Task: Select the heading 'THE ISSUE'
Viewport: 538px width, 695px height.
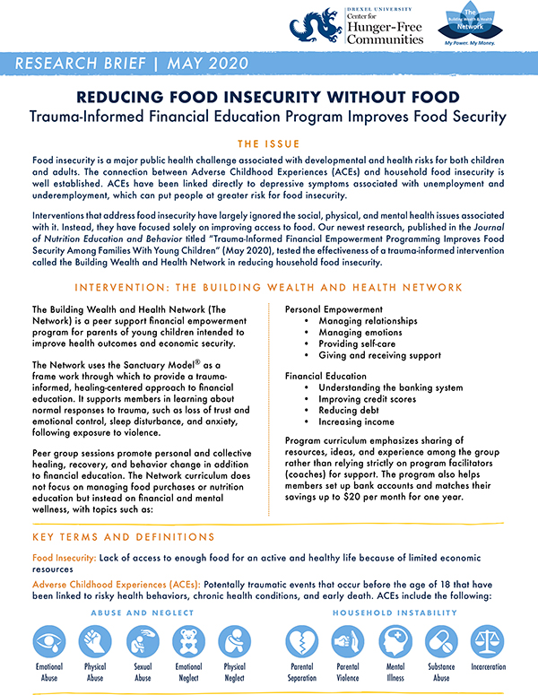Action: click(269, 143)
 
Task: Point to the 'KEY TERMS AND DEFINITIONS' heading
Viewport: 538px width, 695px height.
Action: click(122, 537)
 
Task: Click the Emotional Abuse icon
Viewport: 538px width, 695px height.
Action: click(49, 643)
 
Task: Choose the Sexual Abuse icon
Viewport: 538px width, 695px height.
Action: click(143, 643)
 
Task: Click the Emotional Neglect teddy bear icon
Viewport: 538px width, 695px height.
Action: click(188, 643)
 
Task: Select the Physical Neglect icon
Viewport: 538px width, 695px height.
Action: click(235, 643)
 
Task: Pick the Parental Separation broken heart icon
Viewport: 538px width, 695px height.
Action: click(302, 643)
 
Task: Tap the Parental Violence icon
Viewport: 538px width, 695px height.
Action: click(349, 643)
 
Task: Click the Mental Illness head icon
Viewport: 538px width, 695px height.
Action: click(395, 643)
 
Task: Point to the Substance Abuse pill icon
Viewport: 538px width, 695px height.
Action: click(441, 643)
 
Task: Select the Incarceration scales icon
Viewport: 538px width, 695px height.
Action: click(488, 643)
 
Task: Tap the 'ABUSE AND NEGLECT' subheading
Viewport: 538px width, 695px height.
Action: click(142, 612)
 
